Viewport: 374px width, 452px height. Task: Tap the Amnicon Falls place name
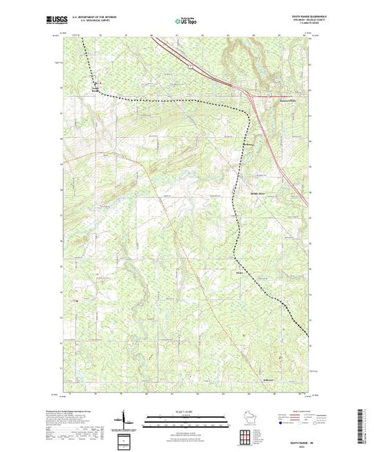pos(288,100)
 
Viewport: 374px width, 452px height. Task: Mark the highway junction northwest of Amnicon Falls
pos(252,93)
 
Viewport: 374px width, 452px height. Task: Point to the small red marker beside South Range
pos(100,90)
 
